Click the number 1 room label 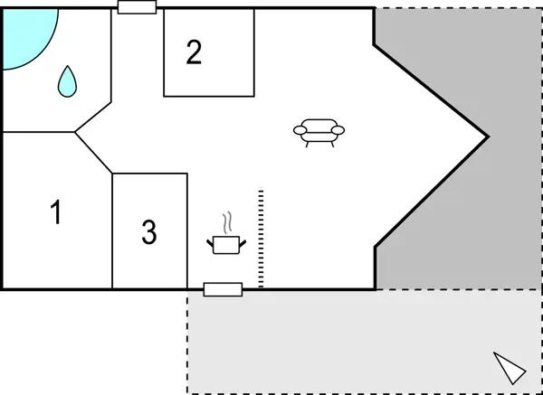point(56,214)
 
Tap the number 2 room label point(194,52)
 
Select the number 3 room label point(149,233)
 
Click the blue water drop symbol point(68,82)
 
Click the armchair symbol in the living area point(319,132)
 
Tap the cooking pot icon point(224,243)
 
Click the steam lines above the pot point(228,221)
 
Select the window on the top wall point(138,7)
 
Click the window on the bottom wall point(223,289)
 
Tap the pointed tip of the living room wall point(488,137)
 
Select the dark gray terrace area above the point point(452,54)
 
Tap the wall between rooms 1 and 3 point(112,230)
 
